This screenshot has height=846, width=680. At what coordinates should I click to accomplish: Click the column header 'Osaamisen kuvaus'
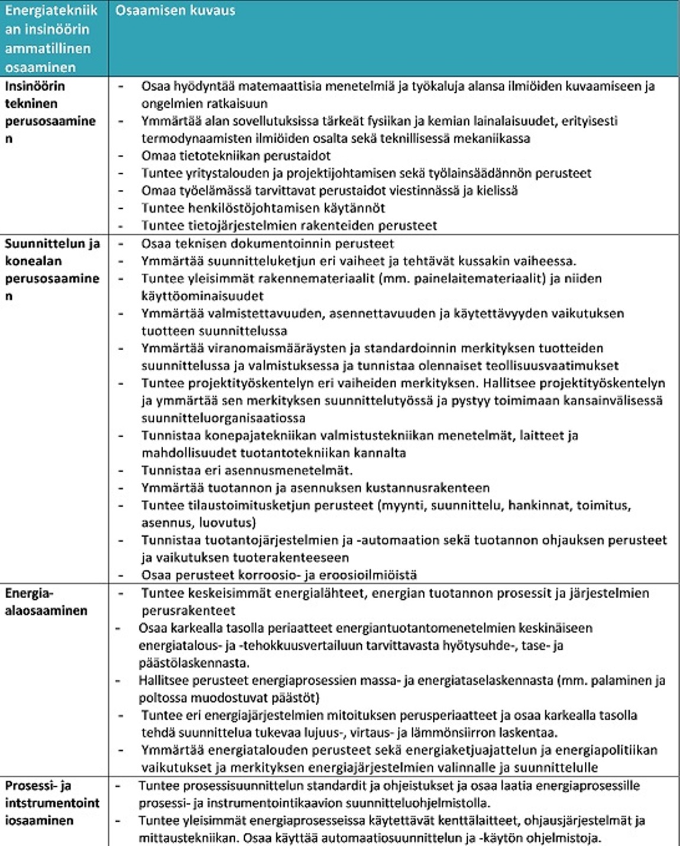coord(175,11)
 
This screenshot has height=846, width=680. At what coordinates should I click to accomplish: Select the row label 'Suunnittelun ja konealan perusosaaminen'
coord(52,269)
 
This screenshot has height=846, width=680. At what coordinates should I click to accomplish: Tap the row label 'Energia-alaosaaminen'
coord(46,602)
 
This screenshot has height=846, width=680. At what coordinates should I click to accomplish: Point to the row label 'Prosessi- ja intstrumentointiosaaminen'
coord(52,803)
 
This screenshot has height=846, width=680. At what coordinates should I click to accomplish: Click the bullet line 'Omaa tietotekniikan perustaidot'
coord(235,156)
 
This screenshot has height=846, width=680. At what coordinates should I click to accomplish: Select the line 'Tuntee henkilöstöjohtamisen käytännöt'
coord(263,208)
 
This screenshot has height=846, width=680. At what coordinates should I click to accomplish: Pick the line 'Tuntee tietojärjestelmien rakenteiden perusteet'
coord(289,225)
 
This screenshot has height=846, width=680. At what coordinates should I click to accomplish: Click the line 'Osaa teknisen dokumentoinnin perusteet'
coord(267,244)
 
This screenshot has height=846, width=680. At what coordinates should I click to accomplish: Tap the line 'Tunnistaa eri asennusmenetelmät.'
coord(247,470)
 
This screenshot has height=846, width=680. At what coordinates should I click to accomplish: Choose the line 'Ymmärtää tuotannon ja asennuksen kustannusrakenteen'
coord(315,488)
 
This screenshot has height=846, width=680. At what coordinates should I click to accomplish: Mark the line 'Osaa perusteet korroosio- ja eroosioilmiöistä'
coord(279,574)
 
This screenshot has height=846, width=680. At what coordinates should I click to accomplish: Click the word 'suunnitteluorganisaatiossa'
coord(224,418)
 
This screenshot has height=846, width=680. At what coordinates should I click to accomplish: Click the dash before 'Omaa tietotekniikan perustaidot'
coord(121,156)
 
